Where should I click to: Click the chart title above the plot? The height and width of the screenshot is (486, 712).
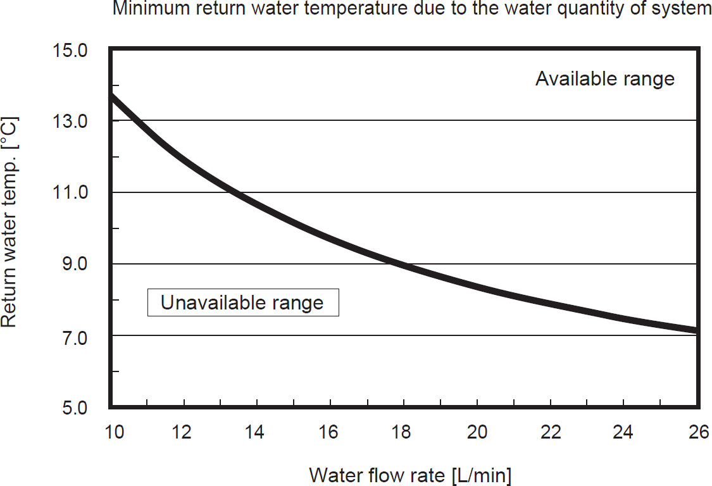(x=412, y=9)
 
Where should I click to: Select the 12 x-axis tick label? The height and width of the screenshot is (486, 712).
(x=184, y=433)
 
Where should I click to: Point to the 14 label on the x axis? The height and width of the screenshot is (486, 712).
(x=256, y=433)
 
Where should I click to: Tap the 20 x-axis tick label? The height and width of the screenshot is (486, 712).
(x=477, y=433)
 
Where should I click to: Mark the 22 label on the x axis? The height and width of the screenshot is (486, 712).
(x=550, y=433)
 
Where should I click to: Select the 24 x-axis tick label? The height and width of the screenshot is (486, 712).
(x=623, y=433)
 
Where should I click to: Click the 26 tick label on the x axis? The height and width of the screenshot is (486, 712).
(x=696, y=433)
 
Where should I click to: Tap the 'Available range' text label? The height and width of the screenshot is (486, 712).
(x=605, y=79)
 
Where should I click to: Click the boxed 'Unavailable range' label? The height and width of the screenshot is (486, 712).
(x=242, y=302)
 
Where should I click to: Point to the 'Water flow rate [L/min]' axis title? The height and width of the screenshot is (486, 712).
(x=410, y=475)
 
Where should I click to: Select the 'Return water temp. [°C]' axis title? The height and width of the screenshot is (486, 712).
(x=9, y=221)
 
